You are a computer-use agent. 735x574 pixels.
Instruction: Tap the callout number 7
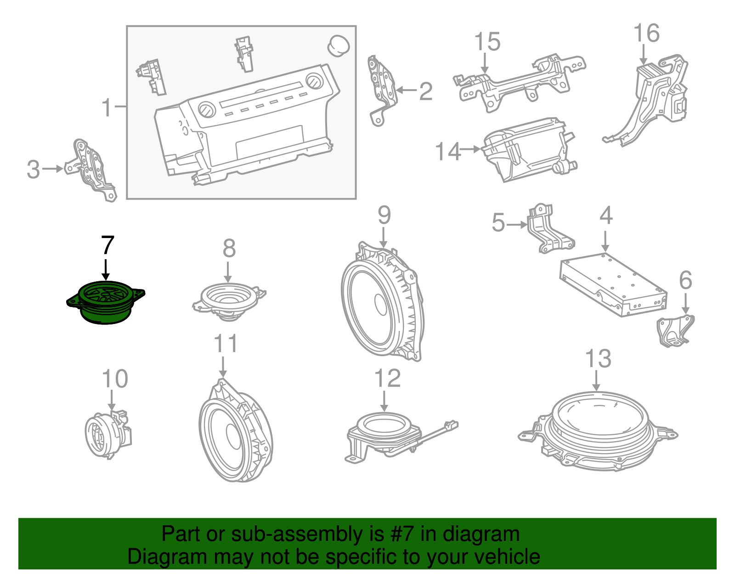107,245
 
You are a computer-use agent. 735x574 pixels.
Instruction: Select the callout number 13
598,359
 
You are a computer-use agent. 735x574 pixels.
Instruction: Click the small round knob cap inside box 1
339,45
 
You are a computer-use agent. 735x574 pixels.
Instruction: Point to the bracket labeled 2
382,90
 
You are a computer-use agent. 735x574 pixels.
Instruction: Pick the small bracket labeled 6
674,330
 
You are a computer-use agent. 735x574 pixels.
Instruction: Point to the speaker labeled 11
234,432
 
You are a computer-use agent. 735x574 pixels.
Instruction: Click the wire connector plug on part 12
451,425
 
